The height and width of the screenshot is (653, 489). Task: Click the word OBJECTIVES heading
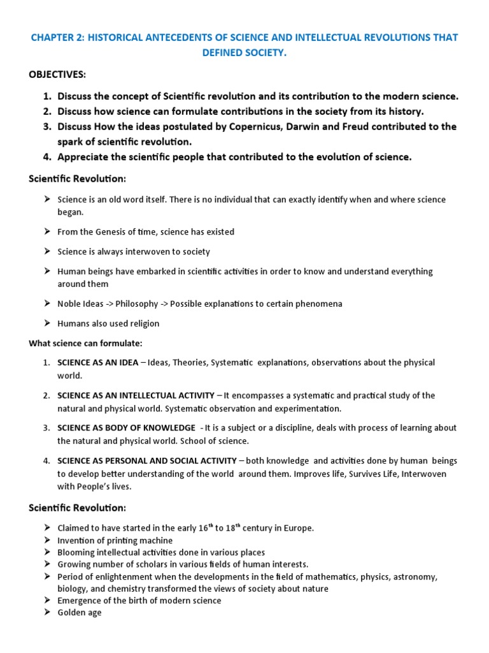pos(57,75)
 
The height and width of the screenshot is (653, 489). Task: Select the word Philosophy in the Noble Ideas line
pos(138,304)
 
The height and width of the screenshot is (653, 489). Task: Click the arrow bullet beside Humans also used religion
pos(47,323)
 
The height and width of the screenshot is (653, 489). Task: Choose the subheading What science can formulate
pos(85,343)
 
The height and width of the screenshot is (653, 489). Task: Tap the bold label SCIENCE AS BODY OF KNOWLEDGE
pos(126,427)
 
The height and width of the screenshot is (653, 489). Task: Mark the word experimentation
pos(310,408)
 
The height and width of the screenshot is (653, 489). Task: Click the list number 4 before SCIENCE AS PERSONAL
pos(46,460)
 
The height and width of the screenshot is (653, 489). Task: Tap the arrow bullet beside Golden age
pos(47,613)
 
